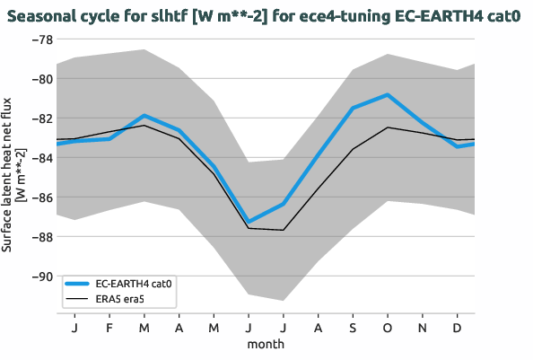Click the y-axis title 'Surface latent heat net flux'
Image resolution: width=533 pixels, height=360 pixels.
tap(15, 175)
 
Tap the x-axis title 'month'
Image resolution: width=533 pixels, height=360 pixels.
tap(266, 344)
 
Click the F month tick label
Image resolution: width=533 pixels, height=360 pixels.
tap(109, 328)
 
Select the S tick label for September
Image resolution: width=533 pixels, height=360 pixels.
tap(353, 328)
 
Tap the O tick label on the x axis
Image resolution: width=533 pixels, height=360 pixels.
tap(388, 328)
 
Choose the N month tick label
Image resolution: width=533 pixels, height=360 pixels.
tap(423, 328)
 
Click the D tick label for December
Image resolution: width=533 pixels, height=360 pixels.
tap(457, 328)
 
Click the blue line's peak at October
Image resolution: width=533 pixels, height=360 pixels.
tap(388, 94)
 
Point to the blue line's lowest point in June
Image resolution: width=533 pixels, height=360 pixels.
tap(249, 222)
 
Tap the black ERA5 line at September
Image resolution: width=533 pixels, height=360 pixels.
tap(353, 149)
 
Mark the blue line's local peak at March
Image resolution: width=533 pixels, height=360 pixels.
tap(144, 116)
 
